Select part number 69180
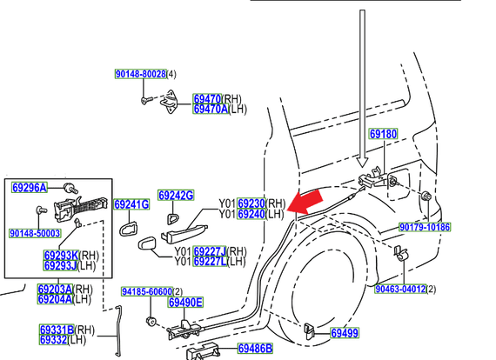[x=383, y=135]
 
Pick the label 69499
[x=344, y=333]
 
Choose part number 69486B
[x=255, y=349]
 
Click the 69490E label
[x=185, y=303]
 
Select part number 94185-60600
[x=145, y=291]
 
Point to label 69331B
[x=56, y=330]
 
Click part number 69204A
[x=55, y=300]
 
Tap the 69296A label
[x=30, y=187]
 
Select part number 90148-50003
[x=35, y=233]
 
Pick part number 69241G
[x=132, y=205]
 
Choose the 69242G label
[x=176, y=196]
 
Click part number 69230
[x=251, y=203]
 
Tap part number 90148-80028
[x=140, y=76]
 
